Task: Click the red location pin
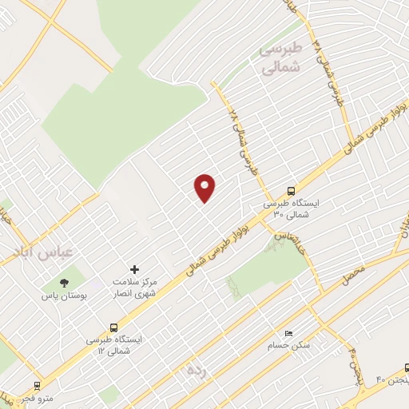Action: [x=205, y=187]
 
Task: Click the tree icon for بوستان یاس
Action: [x=64, y=282]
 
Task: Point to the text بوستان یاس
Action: [x=64, y=296]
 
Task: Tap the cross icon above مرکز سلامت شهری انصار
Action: [x=134, y=269]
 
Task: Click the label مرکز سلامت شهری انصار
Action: [x=134, y=287]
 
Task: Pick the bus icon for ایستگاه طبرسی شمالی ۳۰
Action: [x=291, y=191]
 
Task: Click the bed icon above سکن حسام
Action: [x=289, y=334]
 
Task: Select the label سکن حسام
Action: [x=289, y=347]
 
